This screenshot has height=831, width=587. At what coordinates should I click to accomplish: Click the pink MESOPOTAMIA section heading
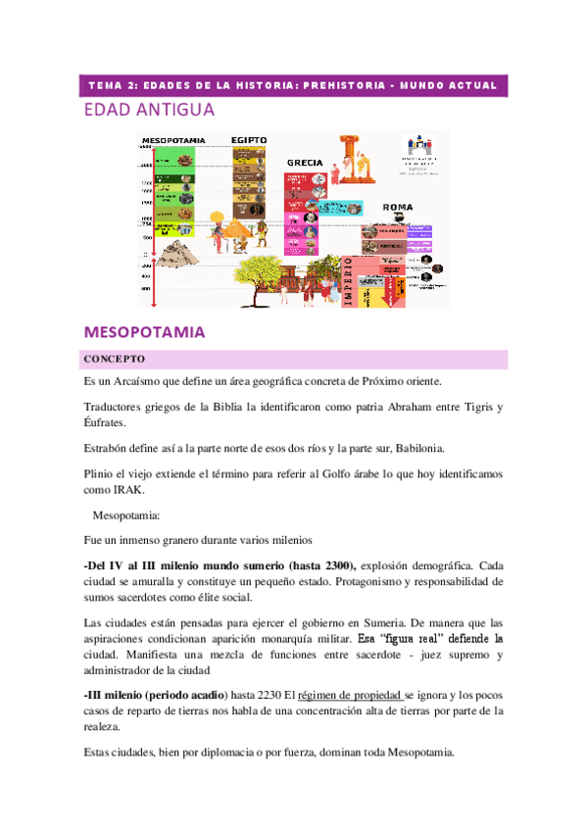pyautogui.click(x=145, y=331)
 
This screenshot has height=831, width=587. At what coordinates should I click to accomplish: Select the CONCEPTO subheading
pyautogui.click(x=115, y=359)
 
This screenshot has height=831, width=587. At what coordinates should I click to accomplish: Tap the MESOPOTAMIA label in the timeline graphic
pyautogui.click(x=172, y=140)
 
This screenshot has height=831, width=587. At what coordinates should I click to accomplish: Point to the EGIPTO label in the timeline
pyautogui.click(x=249, y=140)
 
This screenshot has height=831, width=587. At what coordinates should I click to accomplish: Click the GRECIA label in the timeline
pyautogui.click(x=305, y=162)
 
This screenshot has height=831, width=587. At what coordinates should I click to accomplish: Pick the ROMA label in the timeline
pyautogui.click(x=397, y=208)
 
